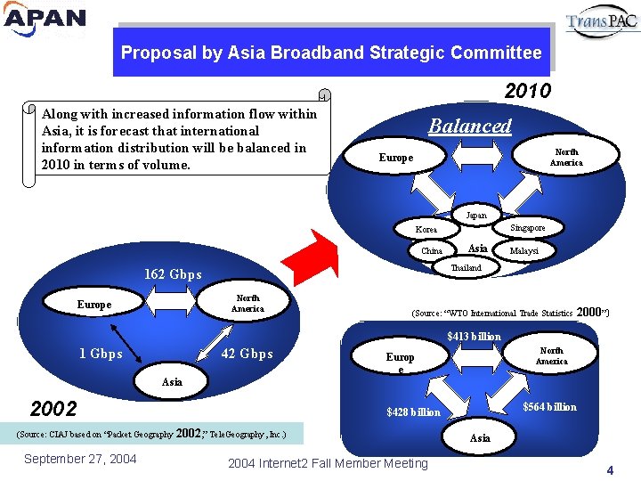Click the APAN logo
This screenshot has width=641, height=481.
45,20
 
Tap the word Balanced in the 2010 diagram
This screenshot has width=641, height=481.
470,126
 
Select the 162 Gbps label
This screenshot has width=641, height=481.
173,274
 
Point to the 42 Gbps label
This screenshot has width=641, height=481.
246,354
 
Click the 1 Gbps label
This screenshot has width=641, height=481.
101,354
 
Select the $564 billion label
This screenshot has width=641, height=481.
549,407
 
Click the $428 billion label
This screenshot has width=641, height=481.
413,412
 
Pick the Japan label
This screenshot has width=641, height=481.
476,215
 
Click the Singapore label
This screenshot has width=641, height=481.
528,228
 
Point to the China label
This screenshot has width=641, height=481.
432,251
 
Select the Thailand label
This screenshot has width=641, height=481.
467,267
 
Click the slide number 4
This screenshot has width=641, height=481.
610,469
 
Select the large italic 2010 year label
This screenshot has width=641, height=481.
527,91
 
